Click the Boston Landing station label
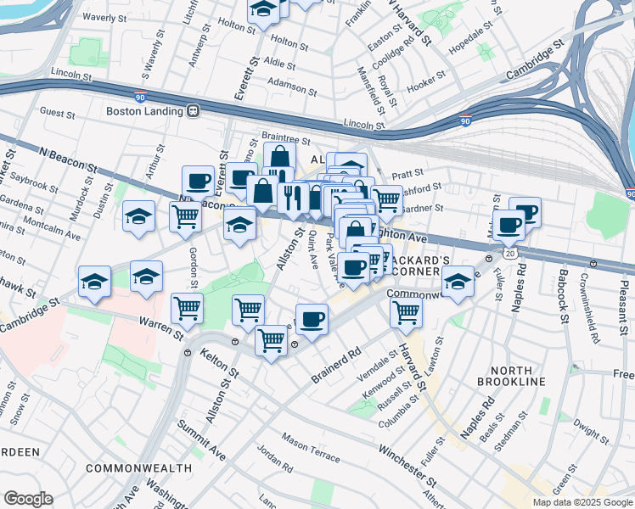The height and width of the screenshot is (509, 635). click(x=144, y=111)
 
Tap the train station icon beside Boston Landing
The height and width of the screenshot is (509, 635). click(x=194, y=111)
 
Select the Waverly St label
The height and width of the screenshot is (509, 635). click(x=111, y=17)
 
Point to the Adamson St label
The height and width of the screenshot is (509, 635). click(x=292, y=83)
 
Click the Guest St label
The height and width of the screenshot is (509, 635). click(x=59, y=112)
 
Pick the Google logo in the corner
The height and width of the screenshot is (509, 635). click(x=28, y=499)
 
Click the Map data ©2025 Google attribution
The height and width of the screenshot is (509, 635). click(x=582, y=502)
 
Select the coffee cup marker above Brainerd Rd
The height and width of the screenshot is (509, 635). click(x=312, y=319)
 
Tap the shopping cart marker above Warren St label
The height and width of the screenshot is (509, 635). click(x=187, y=309)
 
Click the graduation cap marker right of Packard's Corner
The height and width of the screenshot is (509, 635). click(x=458, y=281)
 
